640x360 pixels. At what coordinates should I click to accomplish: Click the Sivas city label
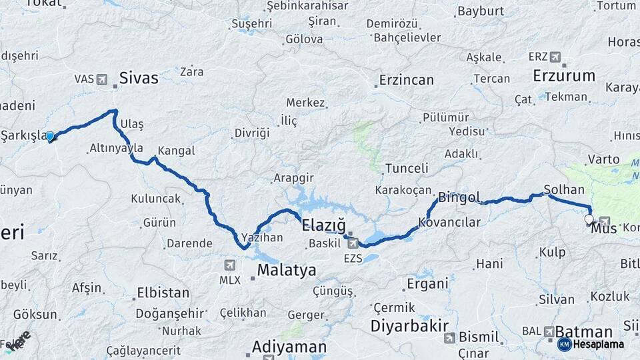tap(139, 78)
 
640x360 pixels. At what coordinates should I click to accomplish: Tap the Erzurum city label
tap(564, 75)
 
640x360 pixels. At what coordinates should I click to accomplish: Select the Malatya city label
tap(287, 270)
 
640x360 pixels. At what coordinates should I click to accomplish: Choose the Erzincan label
tap(406, 80)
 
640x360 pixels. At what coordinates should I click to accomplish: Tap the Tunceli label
tap(407, 168)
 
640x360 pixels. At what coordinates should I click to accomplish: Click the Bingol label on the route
tap(459, 197)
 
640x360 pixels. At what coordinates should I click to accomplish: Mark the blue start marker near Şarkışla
tap(50, 137)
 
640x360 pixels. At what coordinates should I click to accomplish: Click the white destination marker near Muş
tap(588, 219)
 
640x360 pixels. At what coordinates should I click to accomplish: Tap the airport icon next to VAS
tap(102, 79)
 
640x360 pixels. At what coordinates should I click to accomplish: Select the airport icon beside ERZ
tap(555, 57)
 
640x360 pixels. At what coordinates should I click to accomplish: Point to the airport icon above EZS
tap(353, 243)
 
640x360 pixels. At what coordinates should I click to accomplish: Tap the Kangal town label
tap(176, 151)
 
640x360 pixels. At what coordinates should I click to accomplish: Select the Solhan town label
tap(564, 190)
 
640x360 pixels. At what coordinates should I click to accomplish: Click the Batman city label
tap(583, 331)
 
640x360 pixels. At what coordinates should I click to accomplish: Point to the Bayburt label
tap(480, 11)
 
